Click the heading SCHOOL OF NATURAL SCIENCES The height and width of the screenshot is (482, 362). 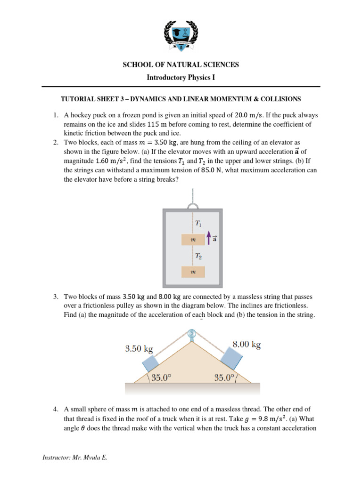coord(181,64)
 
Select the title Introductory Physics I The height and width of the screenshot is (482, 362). coord(181,77)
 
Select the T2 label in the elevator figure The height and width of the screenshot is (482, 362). coord(199,256)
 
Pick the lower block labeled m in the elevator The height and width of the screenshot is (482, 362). coord(193,272)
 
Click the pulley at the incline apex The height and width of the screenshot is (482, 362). coord(192,335)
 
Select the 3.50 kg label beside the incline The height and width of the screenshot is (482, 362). coord(139,349)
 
